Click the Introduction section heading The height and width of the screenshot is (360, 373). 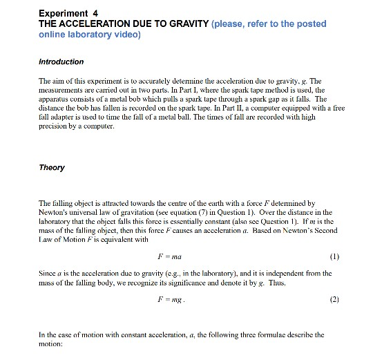coord(61,61)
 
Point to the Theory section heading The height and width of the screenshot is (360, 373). coord(52,168)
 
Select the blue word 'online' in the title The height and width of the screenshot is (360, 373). coord(55,35)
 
